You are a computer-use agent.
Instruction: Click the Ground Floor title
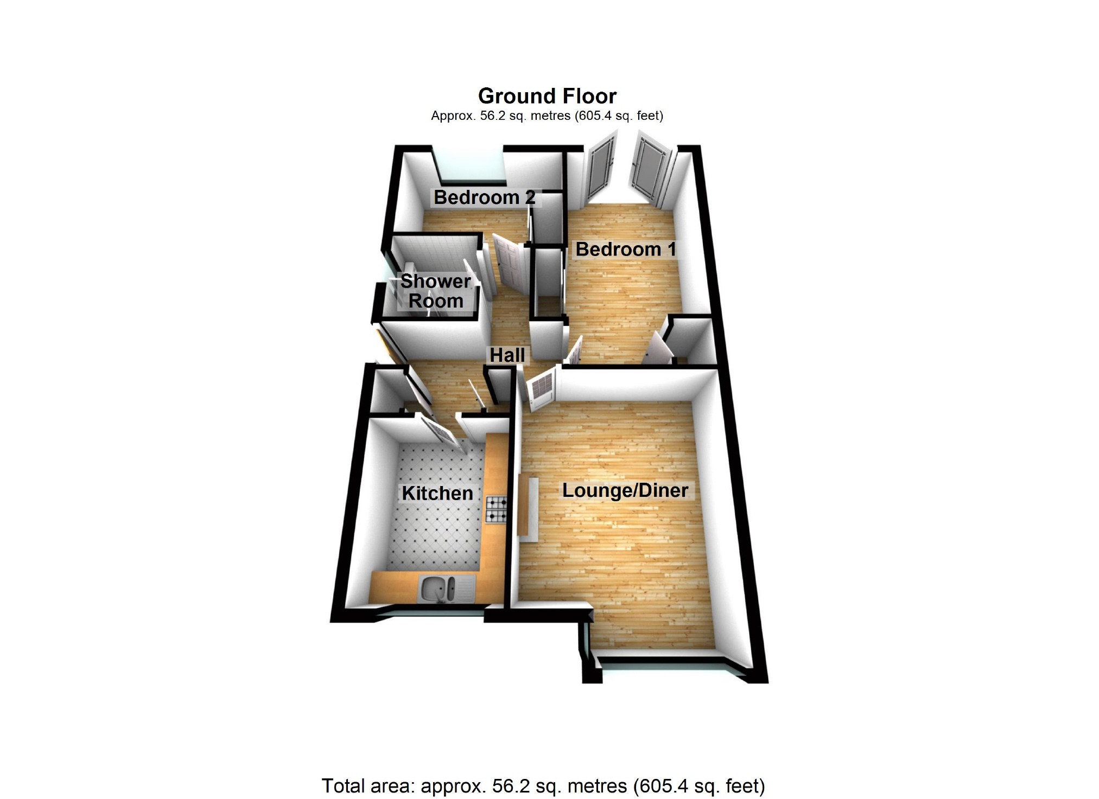coord(547,97)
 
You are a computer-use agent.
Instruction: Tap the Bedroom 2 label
coord(484,197)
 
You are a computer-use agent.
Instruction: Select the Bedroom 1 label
coord(626,250)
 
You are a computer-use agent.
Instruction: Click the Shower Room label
coord(436,291)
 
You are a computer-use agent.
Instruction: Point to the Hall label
coord(507,355)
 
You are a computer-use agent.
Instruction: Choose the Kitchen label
coord(437,493)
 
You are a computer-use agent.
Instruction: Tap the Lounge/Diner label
coord(625,490)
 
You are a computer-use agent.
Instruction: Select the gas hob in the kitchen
coord(497,509)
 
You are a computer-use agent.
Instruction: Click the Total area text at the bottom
coord(543,785)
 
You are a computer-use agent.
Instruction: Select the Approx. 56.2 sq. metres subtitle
coord(547,116)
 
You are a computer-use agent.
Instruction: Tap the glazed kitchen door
coord(441,432)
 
